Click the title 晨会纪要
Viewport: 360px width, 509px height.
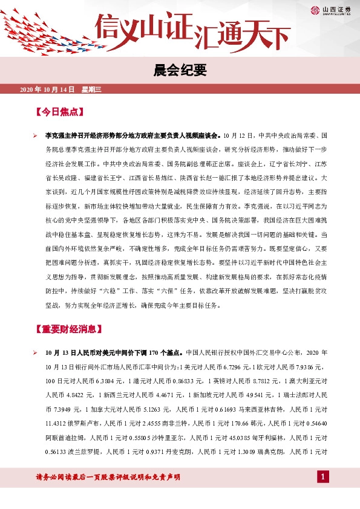tap(180, 71)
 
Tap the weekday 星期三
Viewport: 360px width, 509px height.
tap(91, 89)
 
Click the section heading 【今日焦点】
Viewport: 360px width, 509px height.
tap(59, 112)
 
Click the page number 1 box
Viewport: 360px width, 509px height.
tap(324, 478)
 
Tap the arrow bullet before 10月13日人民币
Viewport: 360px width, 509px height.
tap(36, 352)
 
